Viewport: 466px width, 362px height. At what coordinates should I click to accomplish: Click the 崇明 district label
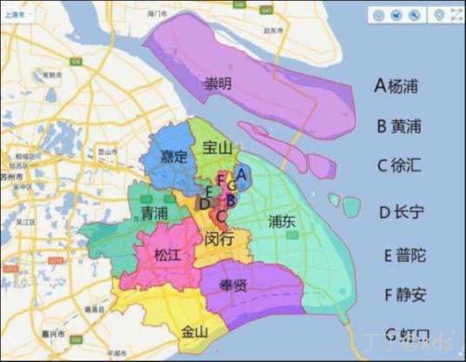[219, 84]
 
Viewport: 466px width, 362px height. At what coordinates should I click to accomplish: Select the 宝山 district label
[216, 148]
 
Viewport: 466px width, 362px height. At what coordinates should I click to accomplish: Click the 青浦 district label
[155, 213]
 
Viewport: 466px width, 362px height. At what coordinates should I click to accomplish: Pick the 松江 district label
[168, 255]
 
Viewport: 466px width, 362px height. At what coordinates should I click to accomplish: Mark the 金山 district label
[195, 331]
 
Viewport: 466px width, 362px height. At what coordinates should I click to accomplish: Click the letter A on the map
[241, 173]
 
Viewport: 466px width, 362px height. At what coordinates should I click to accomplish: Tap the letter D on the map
[203, 204]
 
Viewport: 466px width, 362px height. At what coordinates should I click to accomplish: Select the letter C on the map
[222, 216]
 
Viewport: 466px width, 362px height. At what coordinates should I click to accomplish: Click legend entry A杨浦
[402, 86]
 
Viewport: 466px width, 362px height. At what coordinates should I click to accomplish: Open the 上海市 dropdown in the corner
[15, 15]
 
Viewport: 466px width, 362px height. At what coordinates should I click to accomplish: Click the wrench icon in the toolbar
[415, 15]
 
